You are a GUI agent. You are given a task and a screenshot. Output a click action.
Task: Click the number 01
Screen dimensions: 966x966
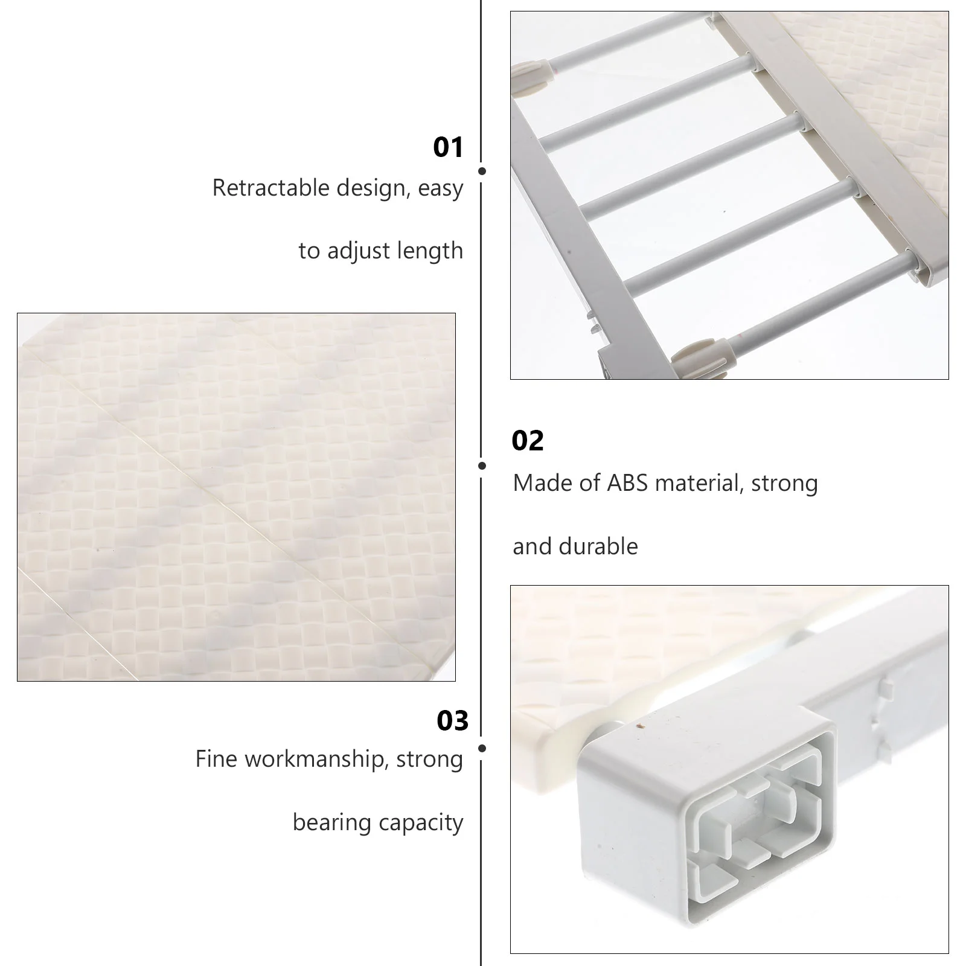[448, 147]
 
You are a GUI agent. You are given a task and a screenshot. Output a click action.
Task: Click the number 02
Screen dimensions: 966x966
[528, 441]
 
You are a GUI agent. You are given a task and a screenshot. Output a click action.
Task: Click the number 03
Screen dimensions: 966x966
[453, 721]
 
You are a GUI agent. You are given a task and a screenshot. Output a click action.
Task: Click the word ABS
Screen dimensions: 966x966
[628, 483]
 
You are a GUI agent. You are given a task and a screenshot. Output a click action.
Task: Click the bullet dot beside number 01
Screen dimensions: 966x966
[482, 171]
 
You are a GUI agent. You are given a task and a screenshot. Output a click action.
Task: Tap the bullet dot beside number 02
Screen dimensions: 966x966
[482, 465]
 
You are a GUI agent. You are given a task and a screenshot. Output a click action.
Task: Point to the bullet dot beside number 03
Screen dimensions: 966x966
[482, 748]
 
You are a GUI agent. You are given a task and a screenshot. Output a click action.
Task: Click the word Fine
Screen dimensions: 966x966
[217, 759]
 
